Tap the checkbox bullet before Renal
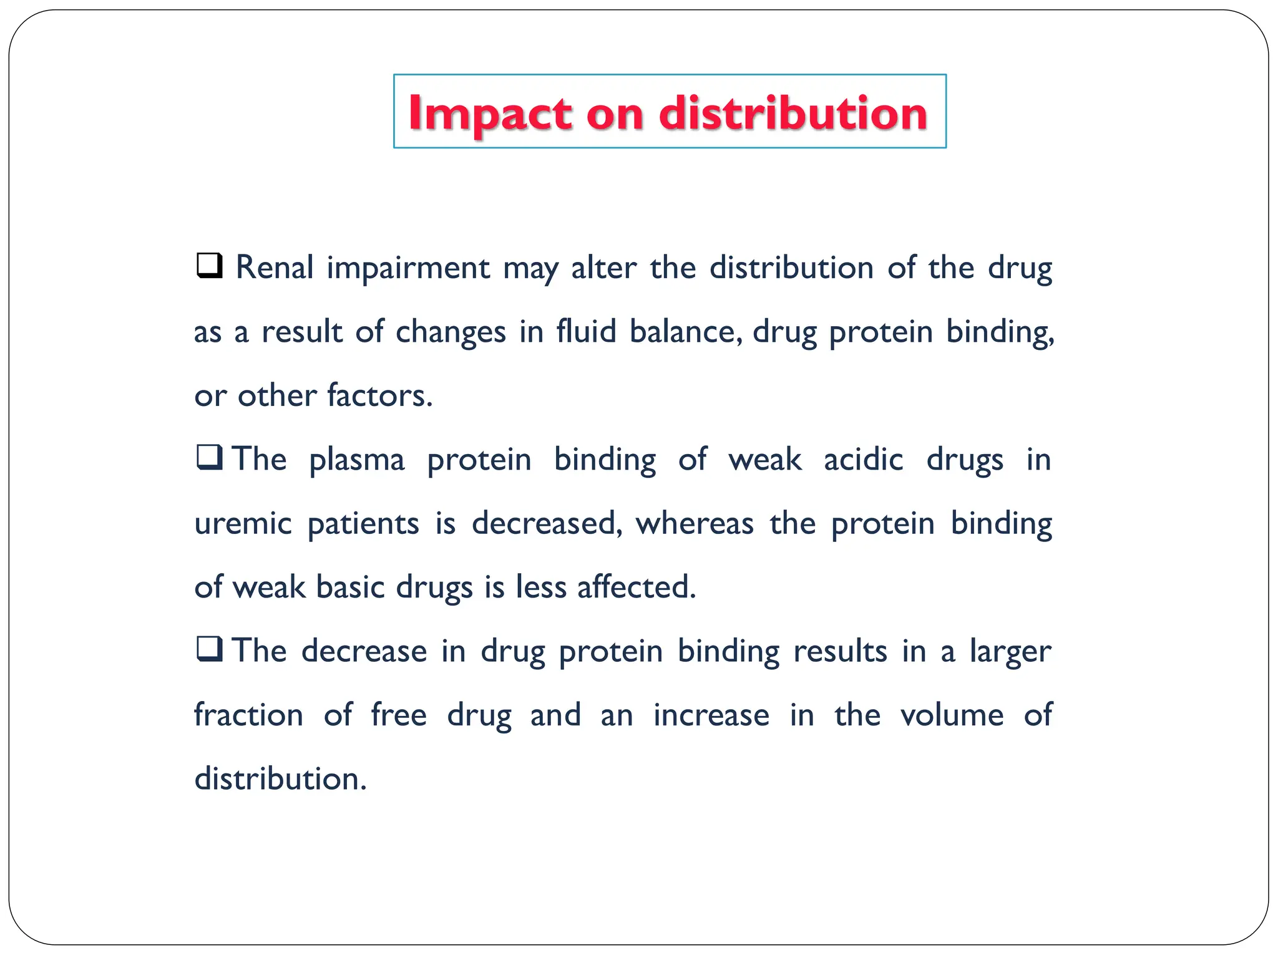(210, 266)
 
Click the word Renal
(275, 268)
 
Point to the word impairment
(408, 269)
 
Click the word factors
(379, 395)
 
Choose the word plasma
(357, 461)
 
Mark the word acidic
(863, 460)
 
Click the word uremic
(243, 523)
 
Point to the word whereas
(695, 523)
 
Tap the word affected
(636, 587)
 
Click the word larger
(1010, 652)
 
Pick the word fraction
(248, 715)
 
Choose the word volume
(952, 715)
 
